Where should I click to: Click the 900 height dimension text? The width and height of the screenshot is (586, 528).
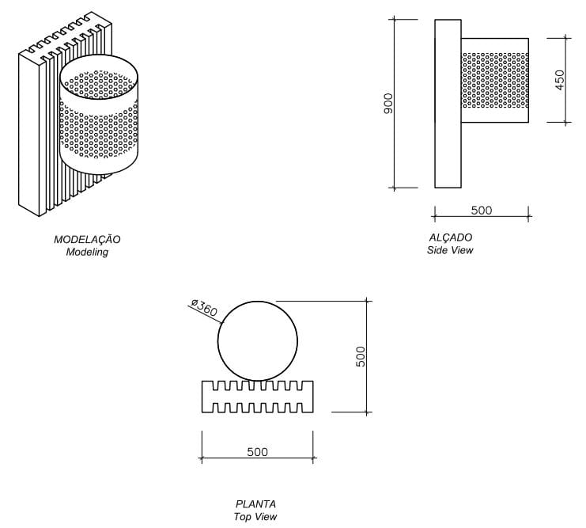[x=388, y=104]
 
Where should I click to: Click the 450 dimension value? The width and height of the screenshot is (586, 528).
[x=560, y=80]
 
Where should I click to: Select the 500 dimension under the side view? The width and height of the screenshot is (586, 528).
[x=481, y=210]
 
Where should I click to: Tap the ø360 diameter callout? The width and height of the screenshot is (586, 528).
[x=205, y=307]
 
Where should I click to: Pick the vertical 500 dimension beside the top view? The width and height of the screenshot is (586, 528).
[x=361, y=355]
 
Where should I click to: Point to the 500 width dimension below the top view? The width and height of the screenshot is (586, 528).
[x=257, y=452]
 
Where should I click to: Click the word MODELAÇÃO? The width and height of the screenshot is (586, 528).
[x=87, y=239]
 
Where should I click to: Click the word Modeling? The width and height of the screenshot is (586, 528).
[x=87, y=253]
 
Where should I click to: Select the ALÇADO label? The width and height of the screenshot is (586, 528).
[x=450, y=237]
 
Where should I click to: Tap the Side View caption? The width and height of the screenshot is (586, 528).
[x=449, y=250]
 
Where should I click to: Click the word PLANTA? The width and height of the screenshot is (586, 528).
[x=255, y=504]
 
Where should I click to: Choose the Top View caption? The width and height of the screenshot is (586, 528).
[x=255, y=517]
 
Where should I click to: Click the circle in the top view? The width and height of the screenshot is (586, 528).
[x=258, y=341]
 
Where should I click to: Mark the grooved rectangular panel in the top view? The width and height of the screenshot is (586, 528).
[x=258, y=397]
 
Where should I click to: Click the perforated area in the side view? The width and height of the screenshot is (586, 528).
[x=495, y=81]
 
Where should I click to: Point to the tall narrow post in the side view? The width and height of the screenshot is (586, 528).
[x=448, y=103]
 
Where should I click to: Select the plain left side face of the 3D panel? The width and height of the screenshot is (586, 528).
[x=29, y=135]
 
